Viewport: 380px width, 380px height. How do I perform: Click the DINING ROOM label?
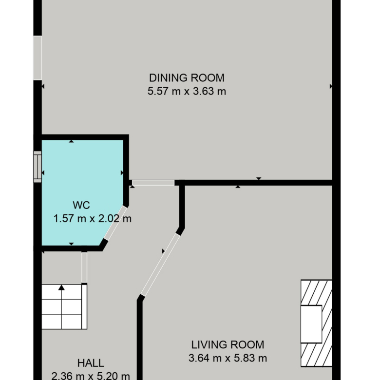click(x=187, y=78)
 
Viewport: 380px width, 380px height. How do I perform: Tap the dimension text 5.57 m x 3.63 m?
click(x=187, y=92)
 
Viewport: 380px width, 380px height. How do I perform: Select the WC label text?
click(x=81, y=205)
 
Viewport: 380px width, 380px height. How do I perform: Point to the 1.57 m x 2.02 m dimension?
click(x=93, y=219)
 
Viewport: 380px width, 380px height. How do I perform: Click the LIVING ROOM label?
click(x=228, y=345)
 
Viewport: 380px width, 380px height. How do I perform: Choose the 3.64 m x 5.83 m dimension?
click(x=228, y=358)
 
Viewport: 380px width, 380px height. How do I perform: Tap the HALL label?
click(x=91, y=363)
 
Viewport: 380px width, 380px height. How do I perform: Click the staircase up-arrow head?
click(x=61, y=287)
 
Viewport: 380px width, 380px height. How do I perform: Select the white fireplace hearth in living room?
click(x=311, y=324)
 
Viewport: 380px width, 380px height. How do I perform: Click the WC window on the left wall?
click(x=38, y=167)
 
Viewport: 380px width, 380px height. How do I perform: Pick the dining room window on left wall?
click(x=38, y=58)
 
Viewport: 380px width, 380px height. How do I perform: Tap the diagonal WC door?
click(x=115, y=223)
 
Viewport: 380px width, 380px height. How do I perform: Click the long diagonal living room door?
click(x=160, y=265)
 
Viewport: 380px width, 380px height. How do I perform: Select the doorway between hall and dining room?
click(x=153, y=183)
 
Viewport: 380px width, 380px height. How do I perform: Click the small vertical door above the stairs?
click(x=84, y=267)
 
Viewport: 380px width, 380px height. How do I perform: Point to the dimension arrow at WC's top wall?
click(x=71, y=141)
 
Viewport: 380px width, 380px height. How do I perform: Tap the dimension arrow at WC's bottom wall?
click(x=71, y=244)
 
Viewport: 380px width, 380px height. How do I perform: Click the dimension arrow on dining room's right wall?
click(x=331, y=86)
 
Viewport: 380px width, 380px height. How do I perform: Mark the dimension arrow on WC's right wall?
click(x=122, y=172)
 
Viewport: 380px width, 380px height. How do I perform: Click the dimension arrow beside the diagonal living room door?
click(x=163, y=251)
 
